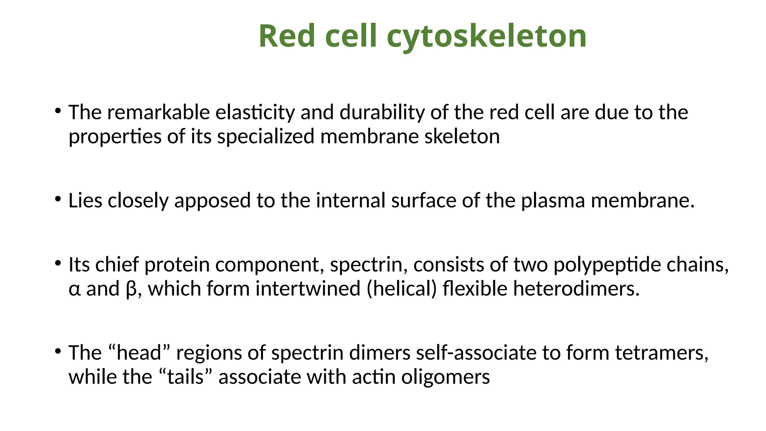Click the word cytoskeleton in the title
tap(486, 37)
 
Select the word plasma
tap(553, 201)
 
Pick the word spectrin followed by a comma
tap(368, 265)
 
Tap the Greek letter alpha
tap(74, 289)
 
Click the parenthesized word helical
tap(401, 289)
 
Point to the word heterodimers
tap(576, 289)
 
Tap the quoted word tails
tap(185, 377)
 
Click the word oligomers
tap(445, 377)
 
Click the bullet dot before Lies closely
tap(58, 199)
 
